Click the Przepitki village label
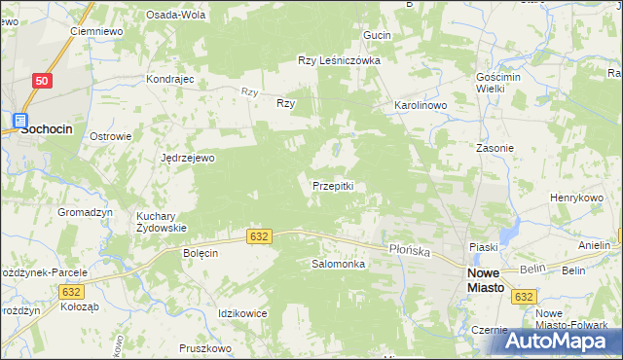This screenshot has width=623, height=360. click(x=338, y=185)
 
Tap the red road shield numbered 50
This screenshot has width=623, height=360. click(x=40, y=82)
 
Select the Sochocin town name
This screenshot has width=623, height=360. click(x=47, y=127)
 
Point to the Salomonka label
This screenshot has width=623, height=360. click(x=338, y=264)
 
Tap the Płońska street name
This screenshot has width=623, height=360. click(x=409, y=250)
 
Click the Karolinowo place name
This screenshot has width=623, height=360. click(x=420, y=104)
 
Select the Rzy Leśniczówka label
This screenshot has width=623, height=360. click(x=339, y=60)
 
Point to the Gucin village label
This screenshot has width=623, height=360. click(x=377, y=35)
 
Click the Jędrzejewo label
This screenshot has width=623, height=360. click(x=188, y=157)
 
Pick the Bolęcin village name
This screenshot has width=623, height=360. click(x=201, y=252)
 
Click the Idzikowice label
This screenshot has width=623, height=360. click(x=243, y=312)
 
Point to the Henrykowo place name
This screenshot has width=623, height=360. click(x=577, y=198)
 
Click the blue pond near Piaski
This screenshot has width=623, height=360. click(x=506, y=234)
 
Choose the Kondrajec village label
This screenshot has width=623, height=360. click(x=170, y=79)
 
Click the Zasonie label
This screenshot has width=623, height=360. click(x=495, y=148)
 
